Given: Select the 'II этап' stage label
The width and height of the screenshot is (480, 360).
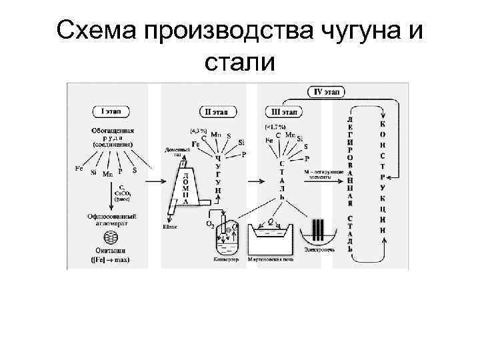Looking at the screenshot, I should click(218, 111).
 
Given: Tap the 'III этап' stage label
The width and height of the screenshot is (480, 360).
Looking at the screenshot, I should click(284, 111).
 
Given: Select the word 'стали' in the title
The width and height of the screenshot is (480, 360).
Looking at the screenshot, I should click(239, 62).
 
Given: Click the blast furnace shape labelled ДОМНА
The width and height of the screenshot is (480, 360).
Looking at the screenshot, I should click(185, 183).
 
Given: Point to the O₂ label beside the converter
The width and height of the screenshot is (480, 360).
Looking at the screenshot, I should click(209, 225).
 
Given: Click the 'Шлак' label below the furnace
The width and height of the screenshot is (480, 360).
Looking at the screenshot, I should click(170, 227).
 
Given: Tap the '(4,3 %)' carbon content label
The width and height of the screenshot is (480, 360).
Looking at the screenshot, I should click(199, 131).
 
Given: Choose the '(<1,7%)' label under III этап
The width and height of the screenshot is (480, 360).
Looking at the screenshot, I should click(275, 126).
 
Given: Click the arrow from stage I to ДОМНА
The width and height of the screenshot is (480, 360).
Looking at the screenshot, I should click(157, 180).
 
